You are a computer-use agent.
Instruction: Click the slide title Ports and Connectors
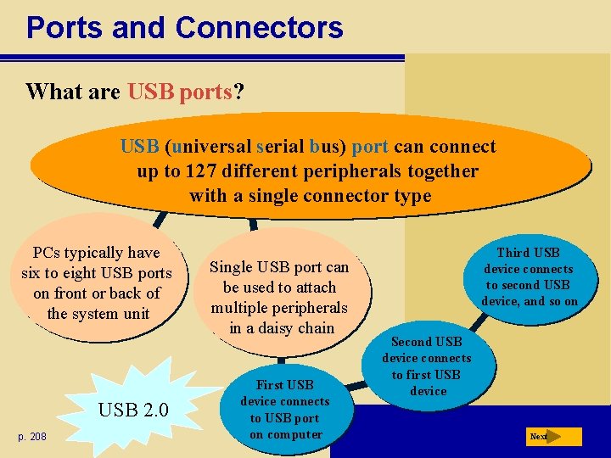184,27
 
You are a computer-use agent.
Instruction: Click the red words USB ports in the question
180,92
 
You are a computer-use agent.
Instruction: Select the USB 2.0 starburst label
134,411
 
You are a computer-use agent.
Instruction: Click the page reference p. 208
33,436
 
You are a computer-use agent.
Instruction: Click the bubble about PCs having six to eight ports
97,283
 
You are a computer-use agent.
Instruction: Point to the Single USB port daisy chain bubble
279,297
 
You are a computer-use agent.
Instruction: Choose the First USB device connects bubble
285,410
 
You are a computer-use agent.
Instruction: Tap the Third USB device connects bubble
529,276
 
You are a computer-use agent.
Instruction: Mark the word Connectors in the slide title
259,27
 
